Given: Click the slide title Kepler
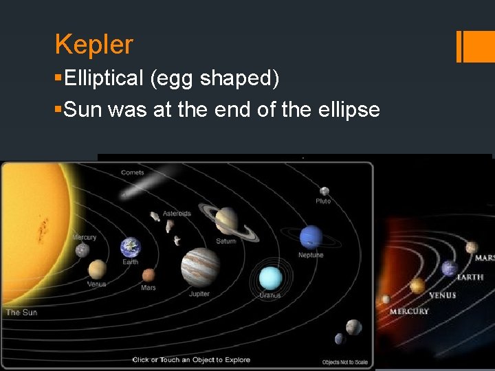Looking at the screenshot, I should pyautogui.click(x=93, y=45).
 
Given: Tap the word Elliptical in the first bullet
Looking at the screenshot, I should pyautogui.click(x=103, y=79).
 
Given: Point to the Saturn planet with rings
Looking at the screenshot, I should pyautogui.click(x=226, y=221).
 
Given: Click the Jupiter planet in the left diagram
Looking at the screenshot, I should pyautogui.click(x=200, y=267).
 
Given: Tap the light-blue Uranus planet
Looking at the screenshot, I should pyautogui.click(x=270, y=278).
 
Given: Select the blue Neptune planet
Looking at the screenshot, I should pyautogui.click(x=311, y=237).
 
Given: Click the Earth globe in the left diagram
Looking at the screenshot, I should pyautogui.click(x=130, y=247).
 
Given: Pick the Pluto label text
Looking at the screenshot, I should pyautogui.click(x=323, y=201).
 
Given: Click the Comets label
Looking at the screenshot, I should pyautogui.click(x=132, y=172).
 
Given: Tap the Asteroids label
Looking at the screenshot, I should pyautogui.click(x=177, y=214).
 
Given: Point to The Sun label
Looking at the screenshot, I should pyautogui.click(x=21, y=313).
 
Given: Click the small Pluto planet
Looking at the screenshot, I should pyautogui.click(x=324, y=191).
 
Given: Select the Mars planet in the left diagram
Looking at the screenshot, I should pyautogui.click(x=148, y=276).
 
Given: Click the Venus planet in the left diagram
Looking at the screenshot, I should pyautogui.click(x=97, y=269).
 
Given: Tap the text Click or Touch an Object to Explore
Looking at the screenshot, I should pyautogui.click(x=191, y=360).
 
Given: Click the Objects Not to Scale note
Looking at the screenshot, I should pyautogui.click(x=344, y=362).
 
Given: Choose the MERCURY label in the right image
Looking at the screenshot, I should pyautogui.click(x=409, y=311).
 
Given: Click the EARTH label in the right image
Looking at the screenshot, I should pyautogui.click(x=470, y=277).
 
